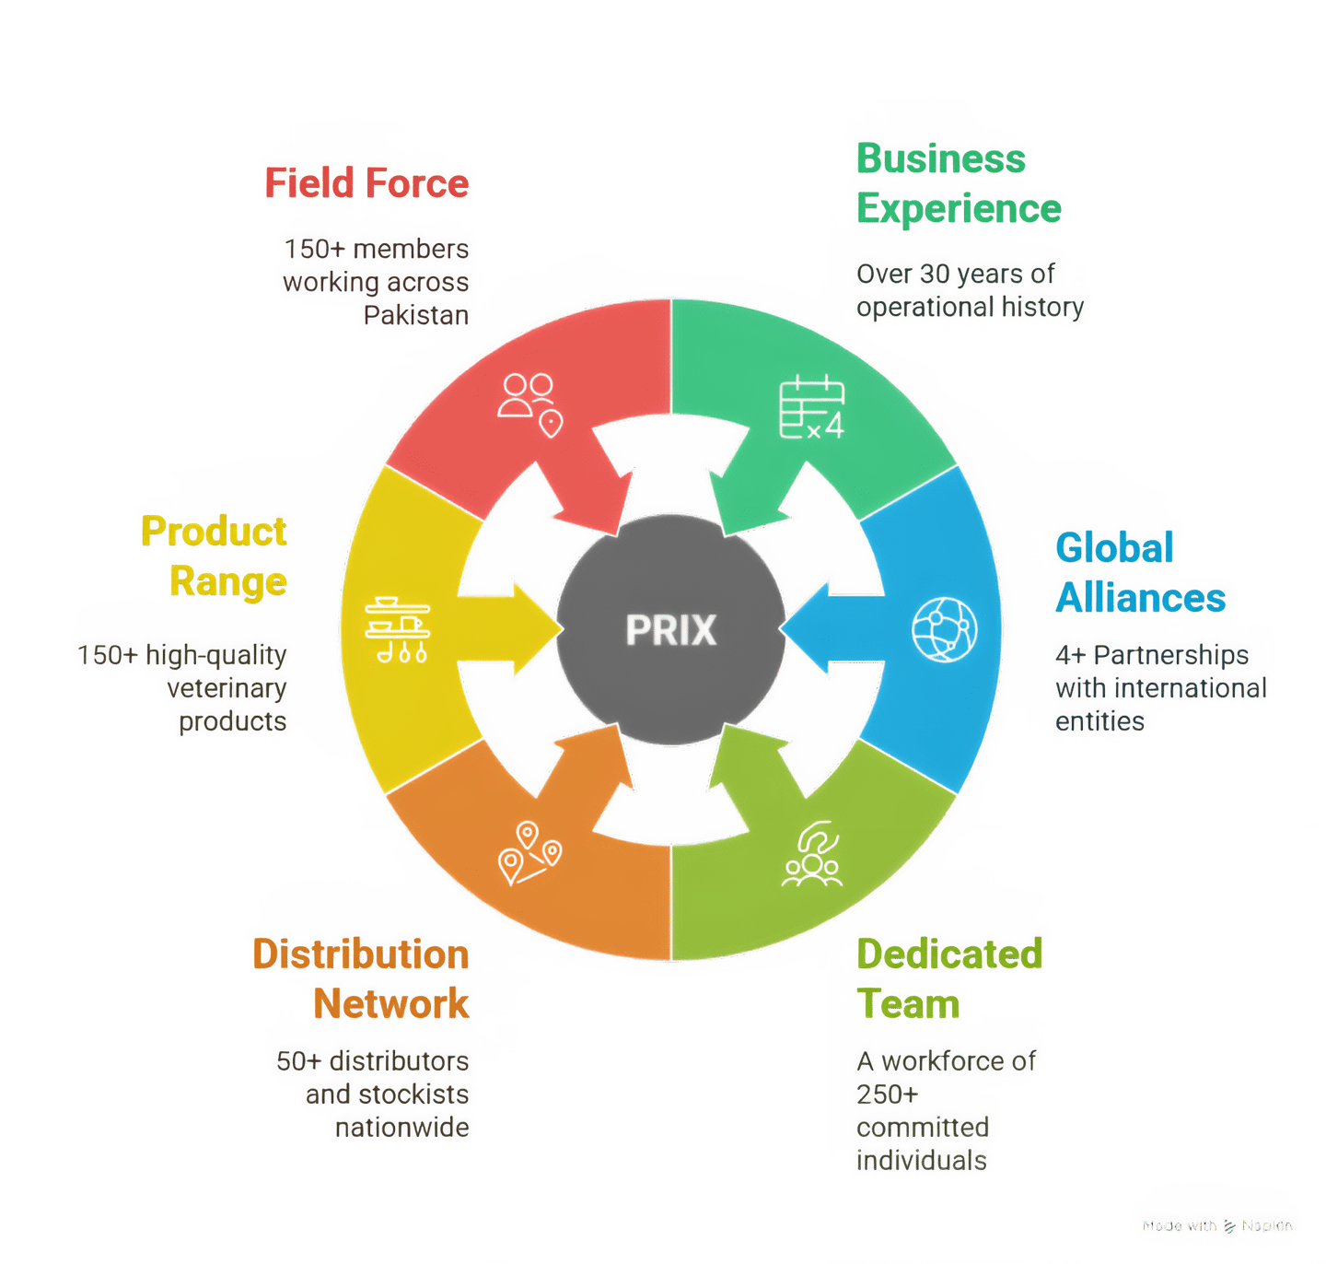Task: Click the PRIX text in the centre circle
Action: coord(670,631)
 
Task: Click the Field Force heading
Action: coord(366,182)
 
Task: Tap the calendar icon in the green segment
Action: coord(811,407)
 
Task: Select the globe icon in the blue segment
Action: coord(944,629)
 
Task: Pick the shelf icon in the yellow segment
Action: coord(397,629)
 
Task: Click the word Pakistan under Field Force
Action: coord(416,316)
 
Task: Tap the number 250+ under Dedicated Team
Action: coord(887,1094)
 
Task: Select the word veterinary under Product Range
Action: coord(227,688)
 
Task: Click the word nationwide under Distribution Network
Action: coord(401,1128)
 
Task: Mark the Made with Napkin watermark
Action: coord(1217,1225)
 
